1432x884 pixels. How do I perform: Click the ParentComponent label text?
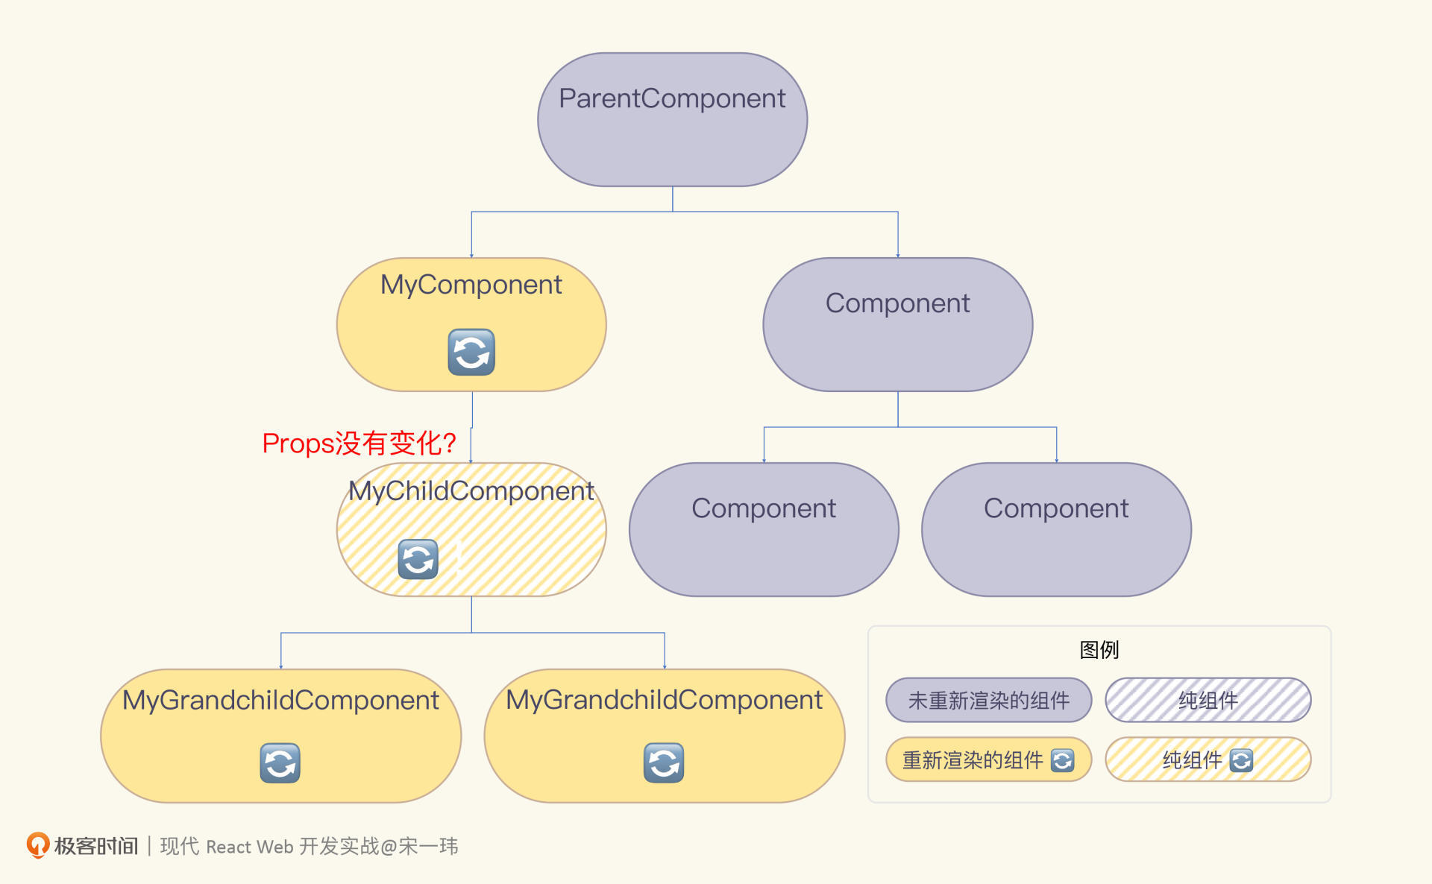[x=672, y=98]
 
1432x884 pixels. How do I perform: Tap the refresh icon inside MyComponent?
[x=471, y=352]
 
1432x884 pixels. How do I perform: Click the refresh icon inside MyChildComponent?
[x=418, y=559]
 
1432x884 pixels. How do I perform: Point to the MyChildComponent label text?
[x=471, y=491]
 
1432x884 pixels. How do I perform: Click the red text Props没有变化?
[x=359, y=443]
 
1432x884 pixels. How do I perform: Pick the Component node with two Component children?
[x=898, y=324]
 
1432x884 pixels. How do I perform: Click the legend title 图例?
[x=1099, y=650]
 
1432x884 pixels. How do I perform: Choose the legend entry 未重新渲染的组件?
[x=989, y=700]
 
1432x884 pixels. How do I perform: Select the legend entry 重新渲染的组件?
[x=989, y=760]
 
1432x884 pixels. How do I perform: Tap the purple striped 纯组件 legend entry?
[x=1208, y=700]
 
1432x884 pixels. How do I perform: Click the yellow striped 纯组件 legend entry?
[x=1208, y=760]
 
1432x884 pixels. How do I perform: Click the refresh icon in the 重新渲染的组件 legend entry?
[x=1062, y=760]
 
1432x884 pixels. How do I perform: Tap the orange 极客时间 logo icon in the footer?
[x=38, y=845]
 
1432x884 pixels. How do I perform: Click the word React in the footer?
[x=229, y=847]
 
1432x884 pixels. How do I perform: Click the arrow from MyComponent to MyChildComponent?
[x=471, y=427]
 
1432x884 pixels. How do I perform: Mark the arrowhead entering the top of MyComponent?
[x=471, y=256]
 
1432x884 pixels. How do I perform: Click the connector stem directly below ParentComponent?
[x=673, y=199]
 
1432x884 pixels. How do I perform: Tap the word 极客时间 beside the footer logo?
[x=96, y=846]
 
